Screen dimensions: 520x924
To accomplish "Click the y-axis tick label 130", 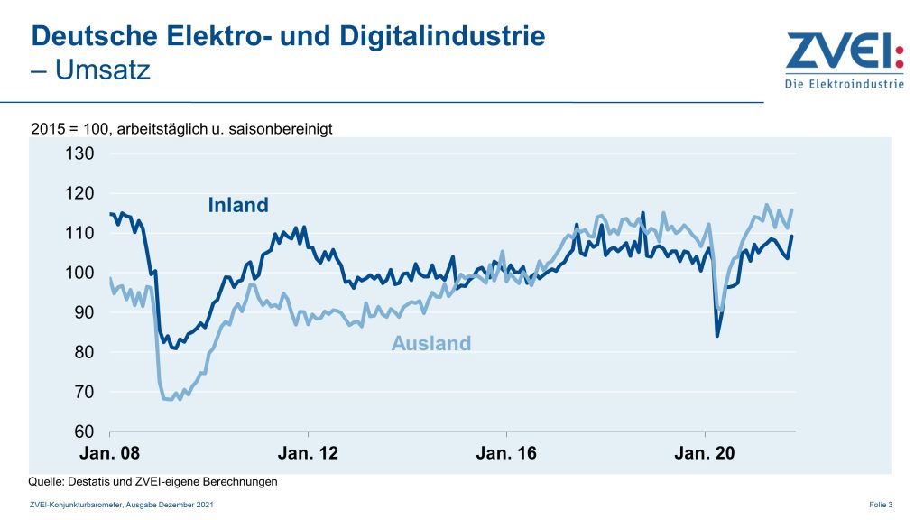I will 79,153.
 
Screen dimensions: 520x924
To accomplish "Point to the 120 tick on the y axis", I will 79,193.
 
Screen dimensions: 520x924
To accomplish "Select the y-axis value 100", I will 79,273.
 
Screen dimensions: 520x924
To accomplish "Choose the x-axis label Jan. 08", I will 109,453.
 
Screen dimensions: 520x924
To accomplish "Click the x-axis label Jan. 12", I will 308,453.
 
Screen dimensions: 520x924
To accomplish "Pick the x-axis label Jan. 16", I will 506,453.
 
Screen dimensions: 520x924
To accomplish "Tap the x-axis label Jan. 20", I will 705,453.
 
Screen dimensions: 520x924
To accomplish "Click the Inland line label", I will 238,205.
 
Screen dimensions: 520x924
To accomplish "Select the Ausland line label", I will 431,343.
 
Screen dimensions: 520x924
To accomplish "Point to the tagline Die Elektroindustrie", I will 844,85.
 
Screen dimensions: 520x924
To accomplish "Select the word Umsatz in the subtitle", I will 102,70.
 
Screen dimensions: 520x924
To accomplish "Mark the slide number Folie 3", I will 881,504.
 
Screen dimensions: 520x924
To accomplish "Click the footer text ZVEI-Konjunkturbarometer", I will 73,504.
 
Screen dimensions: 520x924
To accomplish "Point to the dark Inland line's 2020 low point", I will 717,336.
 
